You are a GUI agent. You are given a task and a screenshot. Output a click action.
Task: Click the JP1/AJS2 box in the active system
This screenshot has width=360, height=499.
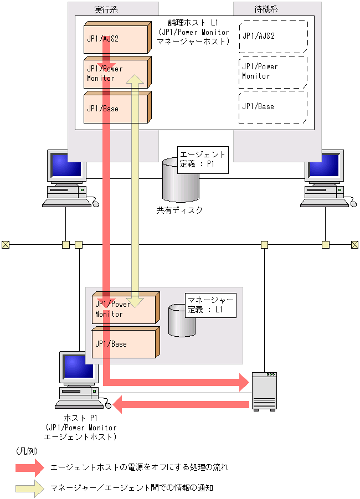116,39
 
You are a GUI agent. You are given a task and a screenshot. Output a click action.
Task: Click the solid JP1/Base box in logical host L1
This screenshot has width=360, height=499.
116,109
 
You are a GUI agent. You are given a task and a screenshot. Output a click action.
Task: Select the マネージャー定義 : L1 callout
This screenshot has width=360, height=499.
211,305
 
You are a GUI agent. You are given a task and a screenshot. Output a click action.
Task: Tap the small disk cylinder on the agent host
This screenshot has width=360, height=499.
182,321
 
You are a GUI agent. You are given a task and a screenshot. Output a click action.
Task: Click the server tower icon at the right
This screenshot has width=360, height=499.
263,390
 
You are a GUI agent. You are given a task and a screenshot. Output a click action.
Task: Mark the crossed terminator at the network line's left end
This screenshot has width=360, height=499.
6,244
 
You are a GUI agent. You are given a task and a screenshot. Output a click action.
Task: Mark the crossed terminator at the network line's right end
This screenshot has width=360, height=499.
355,244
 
